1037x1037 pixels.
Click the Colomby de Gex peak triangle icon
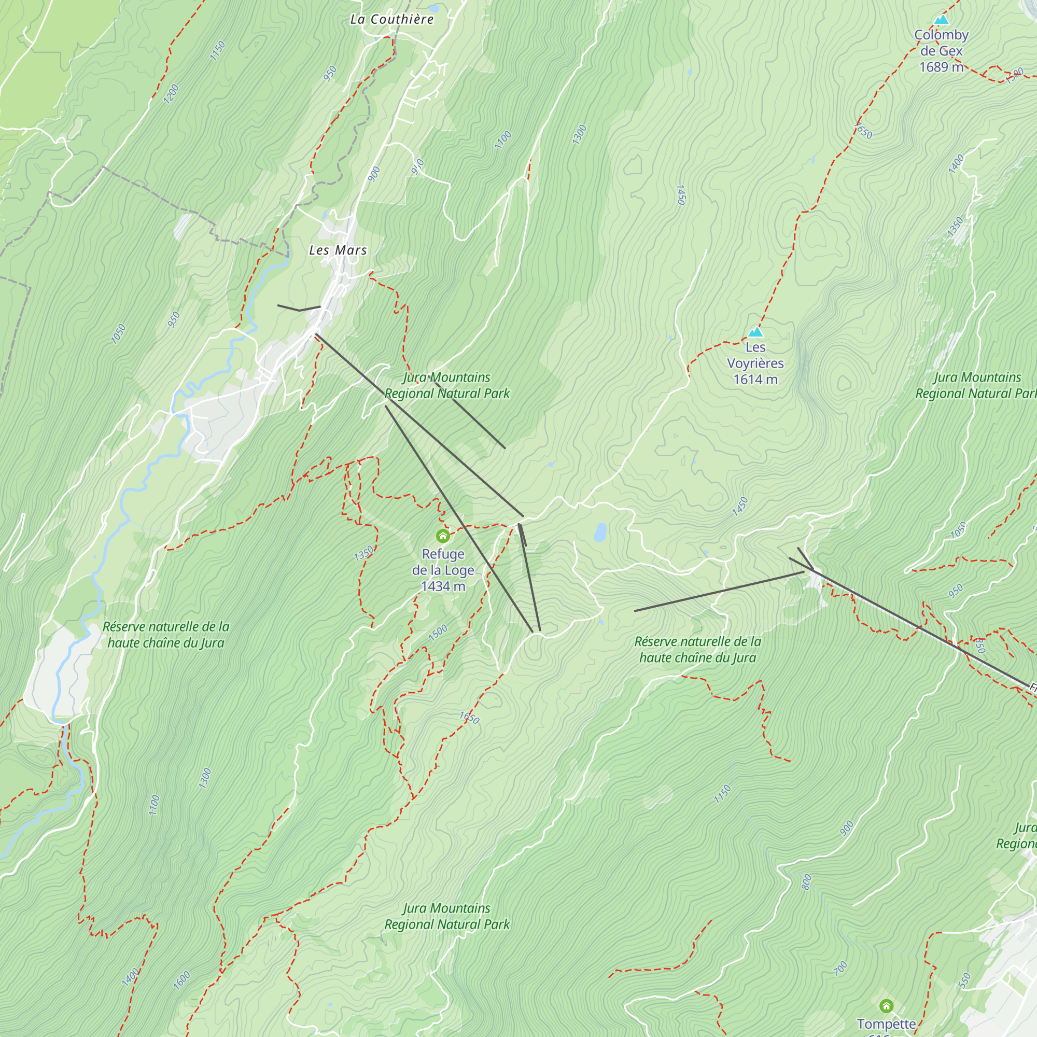[x=941, y=20]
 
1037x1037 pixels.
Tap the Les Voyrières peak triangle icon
[x=755, y=332]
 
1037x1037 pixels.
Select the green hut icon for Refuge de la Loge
[x=443, y=536]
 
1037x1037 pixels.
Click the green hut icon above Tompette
[x=886, y=1005]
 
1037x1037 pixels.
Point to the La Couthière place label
[x=392, y=19]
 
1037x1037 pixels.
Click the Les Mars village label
[x=338, y=250]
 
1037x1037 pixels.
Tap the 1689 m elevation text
[x=941, y=67]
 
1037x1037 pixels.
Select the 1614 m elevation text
[x=755, y=380]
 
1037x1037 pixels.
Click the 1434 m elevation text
[x=443, y=586]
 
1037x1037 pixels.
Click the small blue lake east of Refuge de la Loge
[x=600, y=532]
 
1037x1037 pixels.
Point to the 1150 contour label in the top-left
[x=217, y=51]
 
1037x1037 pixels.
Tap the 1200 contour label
[x=171, y=94]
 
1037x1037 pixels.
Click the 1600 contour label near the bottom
[x=182, y=980]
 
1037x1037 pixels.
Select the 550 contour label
[x=964, y=980]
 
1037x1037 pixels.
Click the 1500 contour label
[x=438, y=633]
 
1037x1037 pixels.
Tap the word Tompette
[x=886, y=1024]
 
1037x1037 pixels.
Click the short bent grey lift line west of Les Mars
[x=299, y=309]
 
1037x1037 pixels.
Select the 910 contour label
[x=417, y=167]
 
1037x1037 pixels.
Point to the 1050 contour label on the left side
[x=118, y=334]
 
